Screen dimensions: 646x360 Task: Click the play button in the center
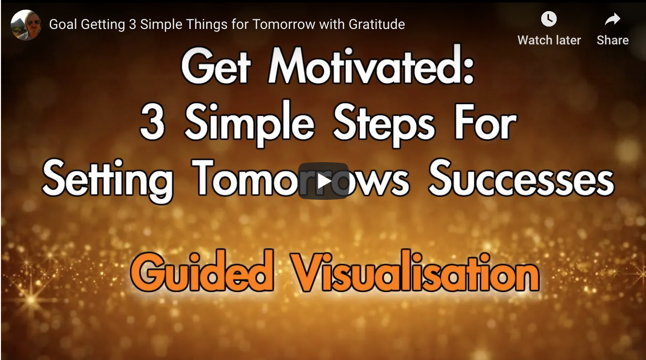click(323, 181)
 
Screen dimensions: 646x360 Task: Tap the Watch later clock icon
click(549, 19)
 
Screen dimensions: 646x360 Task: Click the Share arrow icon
click(613, 19)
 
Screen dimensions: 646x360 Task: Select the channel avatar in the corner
click(26, 25)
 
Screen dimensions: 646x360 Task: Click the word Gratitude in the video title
click(377, 24)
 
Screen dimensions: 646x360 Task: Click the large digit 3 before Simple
click(152, 122)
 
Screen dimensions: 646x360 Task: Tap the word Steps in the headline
click(384, 125)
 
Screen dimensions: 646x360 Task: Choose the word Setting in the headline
click(108, 180)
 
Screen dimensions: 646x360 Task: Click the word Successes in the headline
click(521, 179)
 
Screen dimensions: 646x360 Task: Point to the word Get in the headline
click(216, 66)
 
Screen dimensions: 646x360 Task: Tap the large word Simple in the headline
click(250, 124)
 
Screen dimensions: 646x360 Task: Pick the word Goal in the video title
click(63, 24)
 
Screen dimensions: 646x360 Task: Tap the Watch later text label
click(549, 41)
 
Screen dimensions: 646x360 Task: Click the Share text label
click(613, 41)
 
